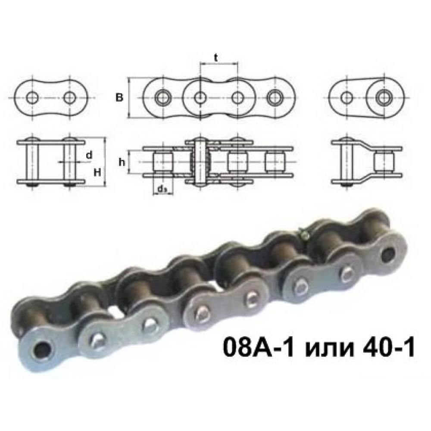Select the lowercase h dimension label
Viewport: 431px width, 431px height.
[122, 162]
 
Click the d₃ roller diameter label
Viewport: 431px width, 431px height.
[162, 188]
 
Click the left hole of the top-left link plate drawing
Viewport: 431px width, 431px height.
[31, 98]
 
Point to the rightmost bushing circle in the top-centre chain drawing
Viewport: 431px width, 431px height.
[275, 98]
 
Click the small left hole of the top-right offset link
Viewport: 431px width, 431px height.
[346, 98]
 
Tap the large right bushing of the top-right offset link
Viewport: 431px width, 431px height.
[383, 97]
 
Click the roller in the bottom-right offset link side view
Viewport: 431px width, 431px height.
[383, 162]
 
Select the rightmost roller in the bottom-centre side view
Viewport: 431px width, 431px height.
[274, 162]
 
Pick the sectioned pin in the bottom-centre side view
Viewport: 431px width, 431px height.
[199, 162]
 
